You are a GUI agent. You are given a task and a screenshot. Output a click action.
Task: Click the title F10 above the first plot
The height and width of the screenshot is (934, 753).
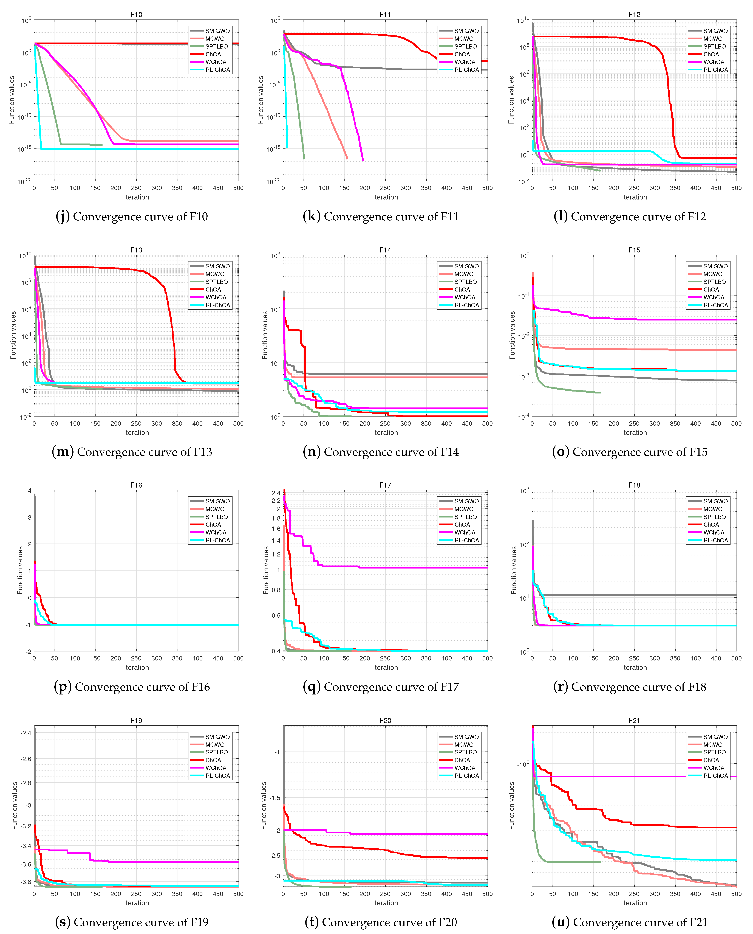(x=136, y=14)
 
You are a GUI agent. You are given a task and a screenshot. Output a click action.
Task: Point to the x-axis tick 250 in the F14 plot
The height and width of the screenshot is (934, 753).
(x=385, y=423)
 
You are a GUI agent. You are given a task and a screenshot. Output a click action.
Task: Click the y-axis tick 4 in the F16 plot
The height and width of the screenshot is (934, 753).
(x=30, y=491)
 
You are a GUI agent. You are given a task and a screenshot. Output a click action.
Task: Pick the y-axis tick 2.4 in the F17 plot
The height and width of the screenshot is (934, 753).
(x=276, y=493)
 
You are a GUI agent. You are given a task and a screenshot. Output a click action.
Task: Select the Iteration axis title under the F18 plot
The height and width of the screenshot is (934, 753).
(x=634, y=667)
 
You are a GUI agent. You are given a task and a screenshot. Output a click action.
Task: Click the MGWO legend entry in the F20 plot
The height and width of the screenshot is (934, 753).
(x=464, y=744)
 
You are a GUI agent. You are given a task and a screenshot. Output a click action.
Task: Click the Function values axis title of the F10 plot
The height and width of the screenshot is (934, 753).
(x=12, y=100)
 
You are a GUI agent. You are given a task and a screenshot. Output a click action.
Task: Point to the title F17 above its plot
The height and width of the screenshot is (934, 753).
(x=385, y=485)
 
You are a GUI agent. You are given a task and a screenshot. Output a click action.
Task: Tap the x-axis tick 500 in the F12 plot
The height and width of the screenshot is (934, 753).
(x=736, y=188)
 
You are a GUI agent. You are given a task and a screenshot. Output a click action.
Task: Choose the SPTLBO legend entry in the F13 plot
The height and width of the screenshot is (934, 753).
(x=216, y=282)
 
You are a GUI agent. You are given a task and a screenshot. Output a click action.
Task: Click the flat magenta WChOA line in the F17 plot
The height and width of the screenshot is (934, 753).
(x=412, y=567)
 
